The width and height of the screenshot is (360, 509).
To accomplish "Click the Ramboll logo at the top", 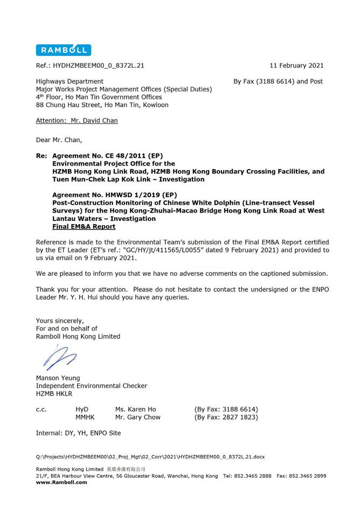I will pyautogui.click(x=63, y=50).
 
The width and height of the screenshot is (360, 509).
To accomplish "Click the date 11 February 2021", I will pyautogui.click(x=296, y=66).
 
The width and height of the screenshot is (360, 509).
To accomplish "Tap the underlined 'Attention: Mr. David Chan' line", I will pyautogui.click(x=77, y=121).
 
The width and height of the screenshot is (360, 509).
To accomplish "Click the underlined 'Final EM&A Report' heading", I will pyautogui.click(x=84, y=227).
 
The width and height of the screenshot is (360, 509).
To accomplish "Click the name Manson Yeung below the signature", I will pyautogui.click(x=58, y=378).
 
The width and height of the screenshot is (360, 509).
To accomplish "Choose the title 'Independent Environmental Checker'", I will pyautogui.click(x=91, y=386).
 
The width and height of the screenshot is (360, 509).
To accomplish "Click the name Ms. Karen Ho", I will pyautogui.click(x=135, y=409).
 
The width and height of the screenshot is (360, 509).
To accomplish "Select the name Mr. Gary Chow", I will pyautogui.click(x=137, y=417).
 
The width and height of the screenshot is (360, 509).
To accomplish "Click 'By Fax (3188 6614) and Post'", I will pyautogui.click(x=278, y=81).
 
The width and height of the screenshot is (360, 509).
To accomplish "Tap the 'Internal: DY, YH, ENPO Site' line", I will pyautogui.click(x=78, y=433).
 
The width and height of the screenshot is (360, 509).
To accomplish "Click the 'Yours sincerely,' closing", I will pyautogui.click(x=60, y=321).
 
